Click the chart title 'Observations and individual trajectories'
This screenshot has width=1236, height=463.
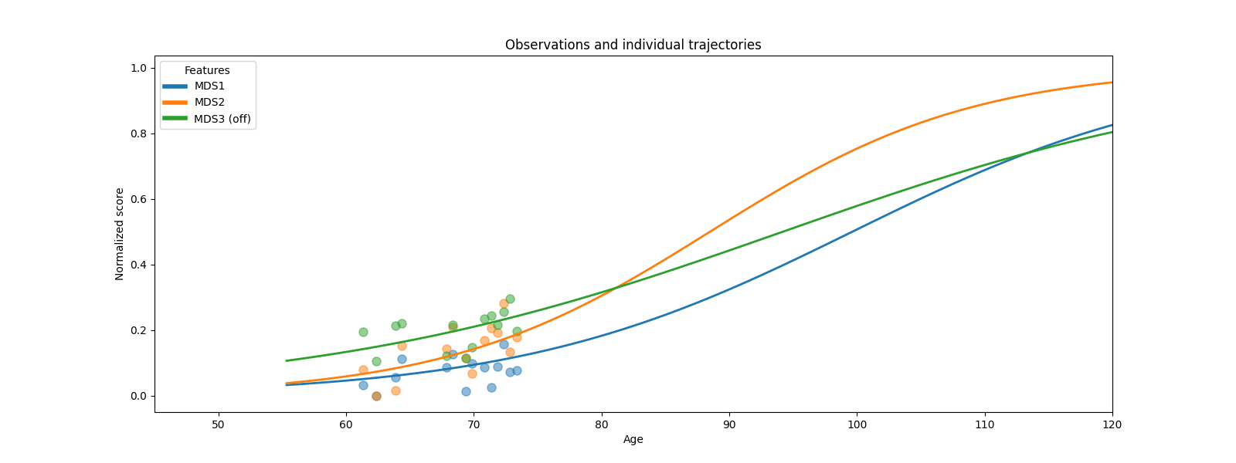(633, 45)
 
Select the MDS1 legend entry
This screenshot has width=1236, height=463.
(209, 86)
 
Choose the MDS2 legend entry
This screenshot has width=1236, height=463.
(209, 102)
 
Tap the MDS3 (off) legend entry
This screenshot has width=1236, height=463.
(222, 119)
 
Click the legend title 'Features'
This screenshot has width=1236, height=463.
(207, 70)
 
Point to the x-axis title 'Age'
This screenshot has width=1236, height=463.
(633, 440)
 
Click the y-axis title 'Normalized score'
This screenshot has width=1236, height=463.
(120, 234)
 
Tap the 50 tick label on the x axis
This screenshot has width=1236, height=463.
(218, 424)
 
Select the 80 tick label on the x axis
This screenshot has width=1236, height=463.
(601, 424)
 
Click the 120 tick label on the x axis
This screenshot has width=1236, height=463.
(1112, 424)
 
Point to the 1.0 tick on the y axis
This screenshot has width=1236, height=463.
(138, 68)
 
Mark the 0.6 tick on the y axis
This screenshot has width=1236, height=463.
(138, 199)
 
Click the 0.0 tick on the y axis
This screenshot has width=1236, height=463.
(138, 396)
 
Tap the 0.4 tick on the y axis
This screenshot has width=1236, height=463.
(138, 265)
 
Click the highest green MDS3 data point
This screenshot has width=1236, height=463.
(510, 299)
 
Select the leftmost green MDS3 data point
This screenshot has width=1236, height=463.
(363, 332)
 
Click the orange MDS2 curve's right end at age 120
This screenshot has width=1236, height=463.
(1112, 83)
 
